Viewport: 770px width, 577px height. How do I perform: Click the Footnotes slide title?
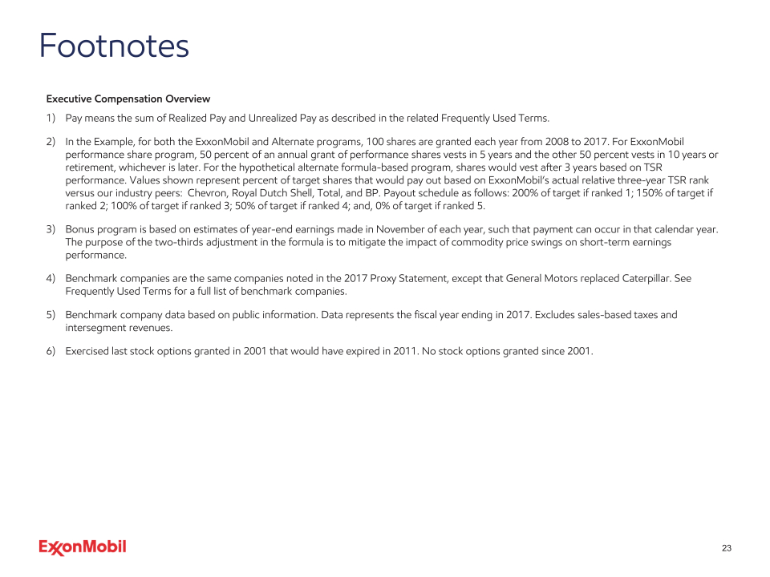[x=114, y=46]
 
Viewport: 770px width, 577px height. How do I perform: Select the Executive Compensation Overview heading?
[x=128, y=99]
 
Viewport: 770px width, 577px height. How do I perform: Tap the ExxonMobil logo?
[x=83, y=547]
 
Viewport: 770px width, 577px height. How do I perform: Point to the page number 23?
[x=727, y=548]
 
